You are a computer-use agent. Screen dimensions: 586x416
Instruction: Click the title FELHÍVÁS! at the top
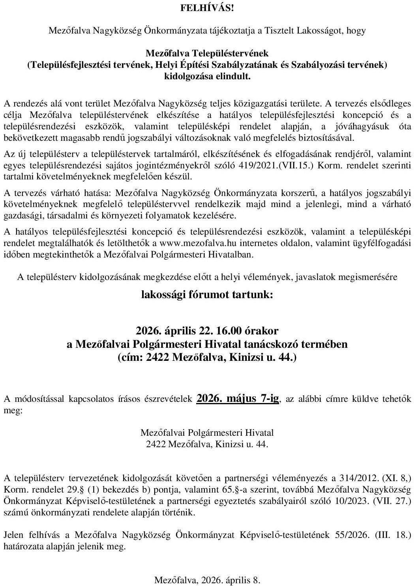point(208,8)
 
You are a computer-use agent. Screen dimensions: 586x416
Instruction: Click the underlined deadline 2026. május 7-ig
point(238,398)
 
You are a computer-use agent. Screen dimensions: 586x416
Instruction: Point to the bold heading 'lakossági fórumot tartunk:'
point(207,295)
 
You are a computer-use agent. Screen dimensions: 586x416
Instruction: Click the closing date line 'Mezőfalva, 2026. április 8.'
point(208,580)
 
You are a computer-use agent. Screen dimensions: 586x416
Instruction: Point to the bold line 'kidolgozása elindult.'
point(208,76)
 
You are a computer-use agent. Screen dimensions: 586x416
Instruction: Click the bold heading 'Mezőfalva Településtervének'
point(207,53)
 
